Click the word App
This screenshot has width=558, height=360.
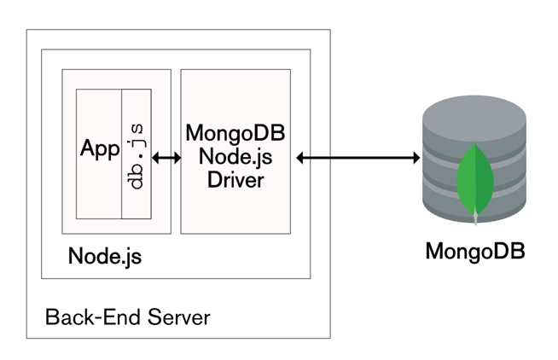pos(100,148)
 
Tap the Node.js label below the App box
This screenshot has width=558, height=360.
pos(105,256)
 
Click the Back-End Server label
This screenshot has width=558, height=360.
pos(127,318)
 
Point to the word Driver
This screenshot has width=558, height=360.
pos(235,180)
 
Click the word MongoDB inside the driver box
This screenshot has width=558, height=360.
pos(235,134)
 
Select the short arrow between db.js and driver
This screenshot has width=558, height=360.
pos(165,157)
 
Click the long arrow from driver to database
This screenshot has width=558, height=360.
pos(358,157)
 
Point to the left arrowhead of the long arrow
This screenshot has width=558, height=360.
pos(301,157)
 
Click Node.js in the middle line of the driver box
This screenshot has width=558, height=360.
pos(235,157)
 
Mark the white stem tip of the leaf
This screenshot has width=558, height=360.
pos(476,219)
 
